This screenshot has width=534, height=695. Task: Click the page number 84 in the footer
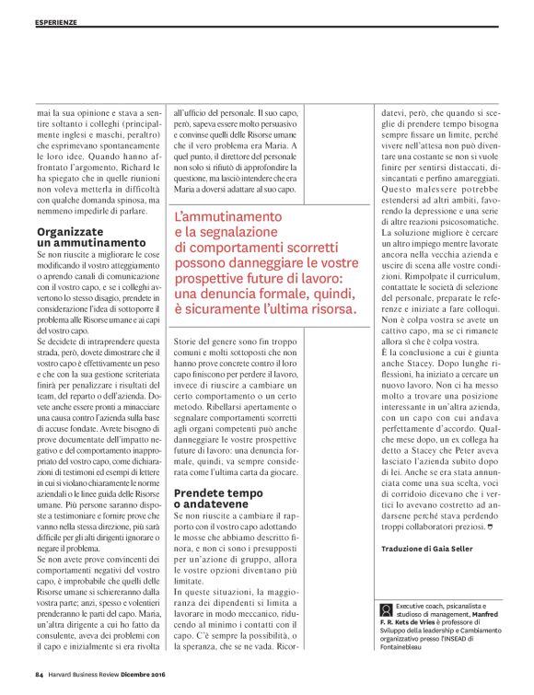[x=39, y=675]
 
